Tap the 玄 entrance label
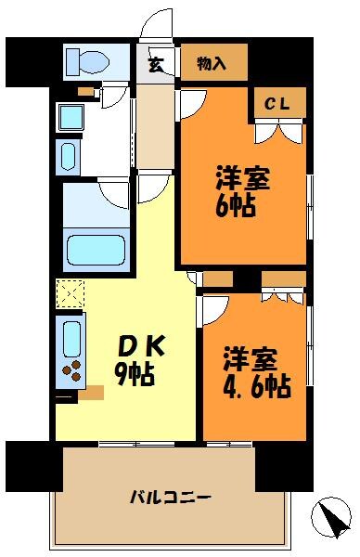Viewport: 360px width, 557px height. coord(156,64)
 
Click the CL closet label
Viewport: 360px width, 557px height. coord(277,105)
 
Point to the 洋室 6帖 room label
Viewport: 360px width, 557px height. coord(244,190)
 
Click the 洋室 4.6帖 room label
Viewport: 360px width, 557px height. coord(255,371)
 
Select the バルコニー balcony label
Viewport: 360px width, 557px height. coord(171,498)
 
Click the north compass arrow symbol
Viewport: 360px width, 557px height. coord(329,516)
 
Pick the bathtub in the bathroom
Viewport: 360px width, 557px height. coord(96,250)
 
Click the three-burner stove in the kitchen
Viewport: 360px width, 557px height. coord(72,372)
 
